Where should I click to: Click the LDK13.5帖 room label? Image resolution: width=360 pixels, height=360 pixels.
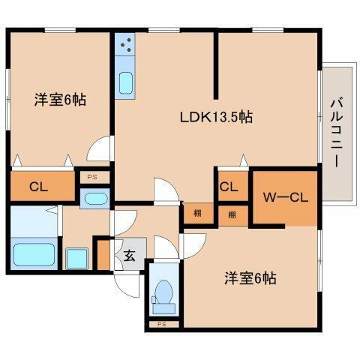click(x=214, y=117)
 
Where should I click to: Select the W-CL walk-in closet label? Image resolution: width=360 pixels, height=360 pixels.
click(x=283, y=198)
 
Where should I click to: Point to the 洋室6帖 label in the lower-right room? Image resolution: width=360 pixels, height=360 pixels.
click(x=250, y=278)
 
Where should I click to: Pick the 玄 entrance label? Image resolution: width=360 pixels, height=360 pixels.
click(x=129, y=255)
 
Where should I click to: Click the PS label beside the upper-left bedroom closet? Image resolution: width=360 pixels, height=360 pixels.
click(x=92, y=177)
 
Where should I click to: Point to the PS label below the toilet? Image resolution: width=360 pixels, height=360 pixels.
click(x=162, y=324)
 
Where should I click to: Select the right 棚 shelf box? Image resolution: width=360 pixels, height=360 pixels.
click(x=232, y=214)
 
